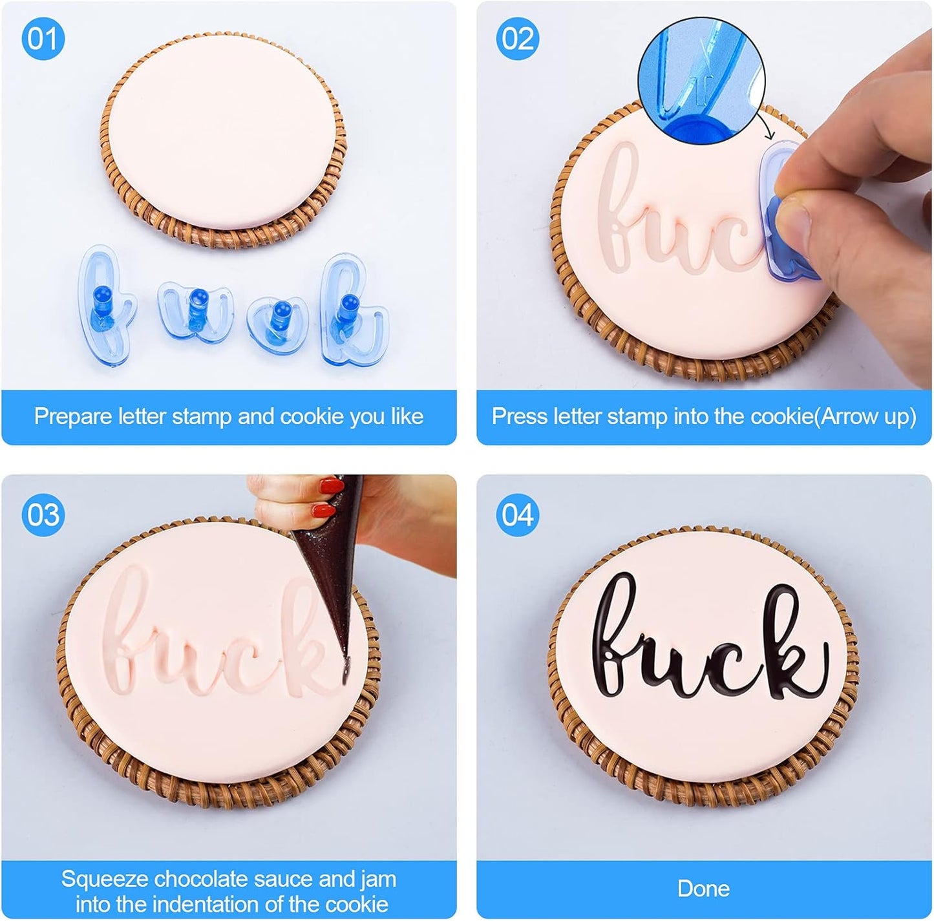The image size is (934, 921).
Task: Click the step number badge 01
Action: [43, 39]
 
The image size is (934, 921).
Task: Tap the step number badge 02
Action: [518, 39]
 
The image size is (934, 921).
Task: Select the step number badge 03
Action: [43, 515]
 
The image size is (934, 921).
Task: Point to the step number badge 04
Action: [518, 515]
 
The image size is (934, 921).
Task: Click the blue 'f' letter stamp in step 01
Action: [103, 304]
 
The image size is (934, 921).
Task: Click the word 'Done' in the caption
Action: [703, 889]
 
